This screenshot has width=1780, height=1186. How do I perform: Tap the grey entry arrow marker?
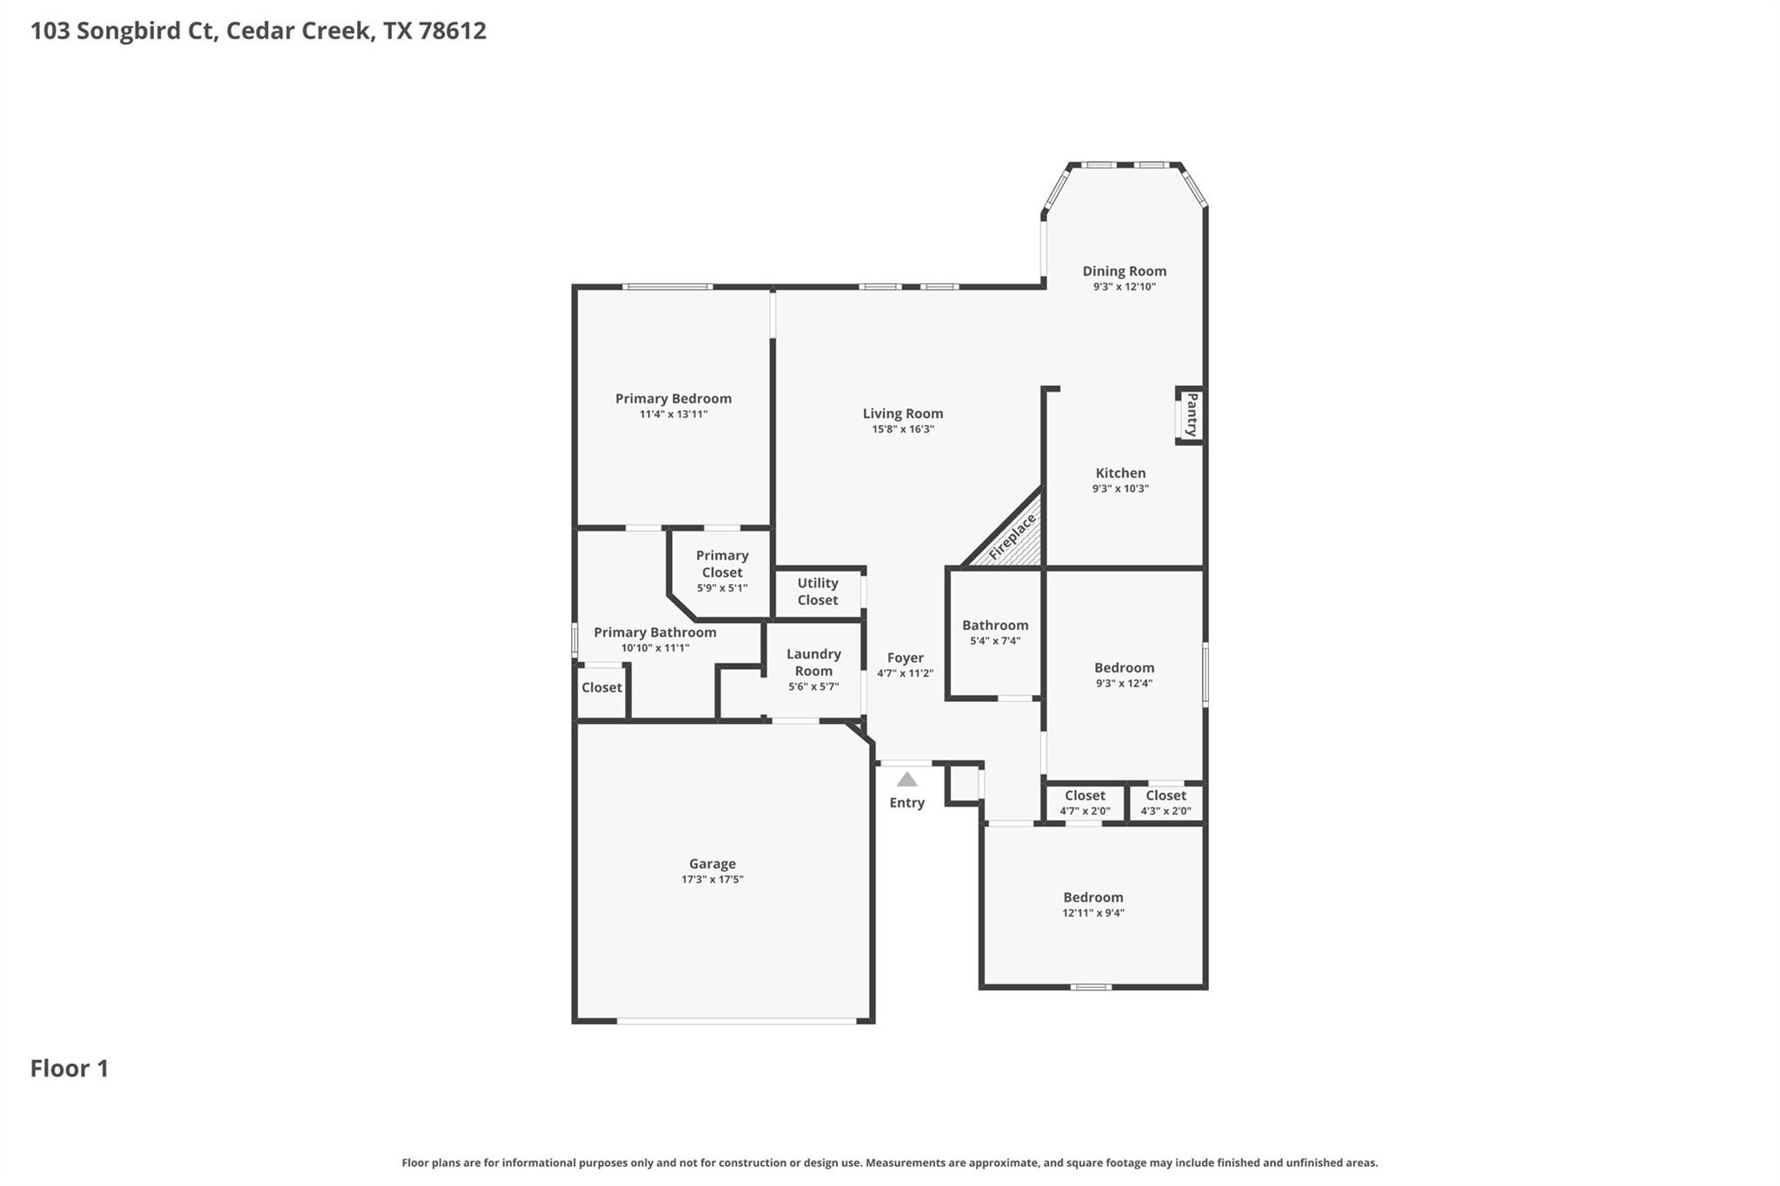(x=907, y=779)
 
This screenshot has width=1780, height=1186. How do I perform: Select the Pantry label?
(x=1192, y=415)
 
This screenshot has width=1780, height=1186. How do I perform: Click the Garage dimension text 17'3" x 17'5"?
(x=712, y=879)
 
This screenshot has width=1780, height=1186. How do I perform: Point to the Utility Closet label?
(x=817, y=592)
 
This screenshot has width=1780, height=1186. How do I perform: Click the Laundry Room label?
(x=814, y=662)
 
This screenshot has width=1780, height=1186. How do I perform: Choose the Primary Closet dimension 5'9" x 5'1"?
(x=721, y=588)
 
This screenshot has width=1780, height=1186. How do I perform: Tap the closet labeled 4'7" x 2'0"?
(x=1085, y=803)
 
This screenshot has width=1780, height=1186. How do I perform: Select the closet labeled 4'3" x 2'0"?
(x=1166, y=803)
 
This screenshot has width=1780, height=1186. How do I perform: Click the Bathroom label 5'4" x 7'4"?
(x=995, y=632)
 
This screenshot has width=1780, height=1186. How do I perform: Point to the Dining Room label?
(x=1124, y=271)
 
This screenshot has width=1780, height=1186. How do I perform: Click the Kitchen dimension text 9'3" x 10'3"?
(x=1120, y=488)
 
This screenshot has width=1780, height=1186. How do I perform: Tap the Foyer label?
(x=905, y=658)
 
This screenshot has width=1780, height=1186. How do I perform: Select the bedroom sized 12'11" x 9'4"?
(x=1093, y=904)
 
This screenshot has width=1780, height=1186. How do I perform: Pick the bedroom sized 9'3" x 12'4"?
(x=1124, y=674)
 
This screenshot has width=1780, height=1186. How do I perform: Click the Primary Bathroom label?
(x=654, y=633)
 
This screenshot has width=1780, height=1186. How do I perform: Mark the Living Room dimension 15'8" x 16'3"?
(x=903, y=429)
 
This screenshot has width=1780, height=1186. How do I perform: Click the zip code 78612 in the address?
(x=452, y=30)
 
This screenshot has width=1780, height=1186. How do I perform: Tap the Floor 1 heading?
(x=70, y=1068)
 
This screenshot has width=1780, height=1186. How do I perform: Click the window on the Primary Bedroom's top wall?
(x=667, y=287)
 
